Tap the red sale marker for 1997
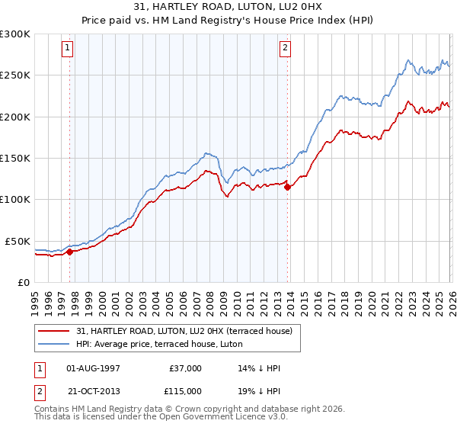[x=69, y=251]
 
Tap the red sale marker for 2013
[x=288, y=187]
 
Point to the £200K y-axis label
[x=14, y=117]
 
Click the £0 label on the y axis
[x=24, y=282]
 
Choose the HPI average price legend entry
[x=161, y=344]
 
